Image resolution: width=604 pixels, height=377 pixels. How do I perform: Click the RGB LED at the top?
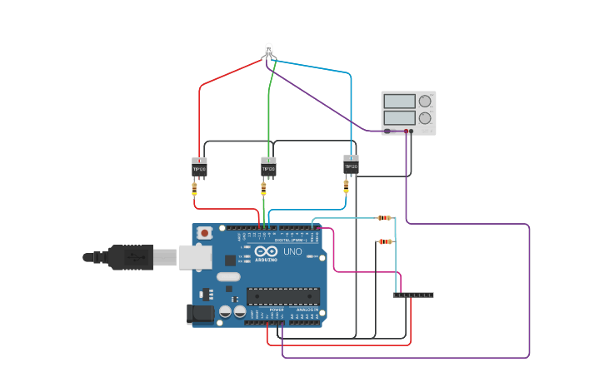pos(268,50)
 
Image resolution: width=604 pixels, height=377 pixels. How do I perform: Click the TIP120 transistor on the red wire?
pos(199,167)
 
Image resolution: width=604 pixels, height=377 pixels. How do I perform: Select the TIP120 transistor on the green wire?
pos(268,168)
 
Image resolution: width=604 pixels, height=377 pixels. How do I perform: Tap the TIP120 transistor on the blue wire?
pos(351,165)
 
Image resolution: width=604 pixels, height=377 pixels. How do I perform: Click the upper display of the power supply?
pos(400,102)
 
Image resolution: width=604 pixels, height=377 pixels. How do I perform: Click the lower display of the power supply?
pos(400,118)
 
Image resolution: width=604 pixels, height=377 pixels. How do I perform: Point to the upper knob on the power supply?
pos(425,102)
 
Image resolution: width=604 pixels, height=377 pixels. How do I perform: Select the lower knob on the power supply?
pos(425,118)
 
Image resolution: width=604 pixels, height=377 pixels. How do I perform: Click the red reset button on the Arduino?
pos(204,234)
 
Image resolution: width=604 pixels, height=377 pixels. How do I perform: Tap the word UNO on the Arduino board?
pos(292,251)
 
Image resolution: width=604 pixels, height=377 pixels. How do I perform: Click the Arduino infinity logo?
pos(267,251)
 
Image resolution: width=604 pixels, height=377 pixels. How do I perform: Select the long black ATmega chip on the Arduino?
pos(282,295)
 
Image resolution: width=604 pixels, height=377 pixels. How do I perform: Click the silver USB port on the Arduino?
pos(195,257)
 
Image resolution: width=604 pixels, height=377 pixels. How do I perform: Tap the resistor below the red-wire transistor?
pos(194,189)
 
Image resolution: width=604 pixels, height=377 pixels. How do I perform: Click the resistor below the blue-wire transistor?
pos(346,186)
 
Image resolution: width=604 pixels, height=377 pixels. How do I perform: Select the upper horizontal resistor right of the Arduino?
pos(384,218)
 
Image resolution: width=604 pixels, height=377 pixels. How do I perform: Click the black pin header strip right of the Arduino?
pos(413,295)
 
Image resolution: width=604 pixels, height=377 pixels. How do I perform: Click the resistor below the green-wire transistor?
pos(263,189)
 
